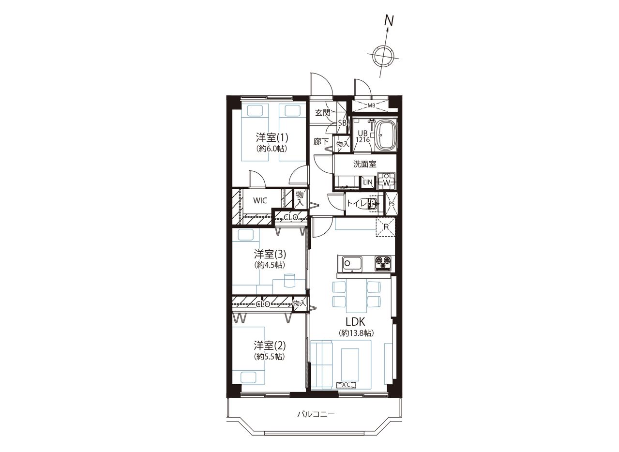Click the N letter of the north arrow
(x=390, y=20)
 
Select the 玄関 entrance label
(x=323, y=113)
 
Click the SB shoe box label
(x=342, y=123)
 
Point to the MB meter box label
(x=371, y=106)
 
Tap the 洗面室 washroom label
(x=365, y=164)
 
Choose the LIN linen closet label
(x=368, y=182)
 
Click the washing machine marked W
(x=387, y=181)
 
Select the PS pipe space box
(x=392, y=203)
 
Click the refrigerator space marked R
(x=386, y=227)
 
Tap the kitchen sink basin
(x=352, y=264)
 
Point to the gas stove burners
(x=383, y=263)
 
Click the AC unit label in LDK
(x=346, y=385)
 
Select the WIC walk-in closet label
(x=260, y=200)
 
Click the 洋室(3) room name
(x=270, y=254)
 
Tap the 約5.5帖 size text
(x=270, y=357)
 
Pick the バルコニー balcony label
(x=316, y=422)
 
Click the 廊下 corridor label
(x=321, y=142)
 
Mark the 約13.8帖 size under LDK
(x=357, y=333)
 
